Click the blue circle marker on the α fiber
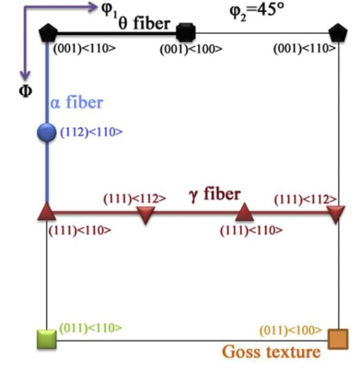tap(47, 132)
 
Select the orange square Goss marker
tap(338, 339)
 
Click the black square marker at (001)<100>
tap(186, 32)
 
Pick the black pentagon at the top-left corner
tap(48, 32)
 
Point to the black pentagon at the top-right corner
tap(338, 32)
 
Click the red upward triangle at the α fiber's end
tap(47, 212)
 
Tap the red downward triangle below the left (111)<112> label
tap(146, 215)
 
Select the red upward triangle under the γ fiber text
tap(244, 212)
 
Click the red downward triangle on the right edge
tap(336, 214)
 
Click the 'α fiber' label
tap(77, 102)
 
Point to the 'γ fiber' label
tap(215, 195)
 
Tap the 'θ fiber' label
tap(144, 23)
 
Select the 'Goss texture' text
tap(271, 352)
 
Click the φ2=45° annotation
tap(257, 12)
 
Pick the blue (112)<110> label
tap(91, 132)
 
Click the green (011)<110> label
tap(91, 328)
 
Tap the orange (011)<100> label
tap(291, 331)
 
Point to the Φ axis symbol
tap(25, 91)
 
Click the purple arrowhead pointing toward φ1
tap(92, 7)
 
